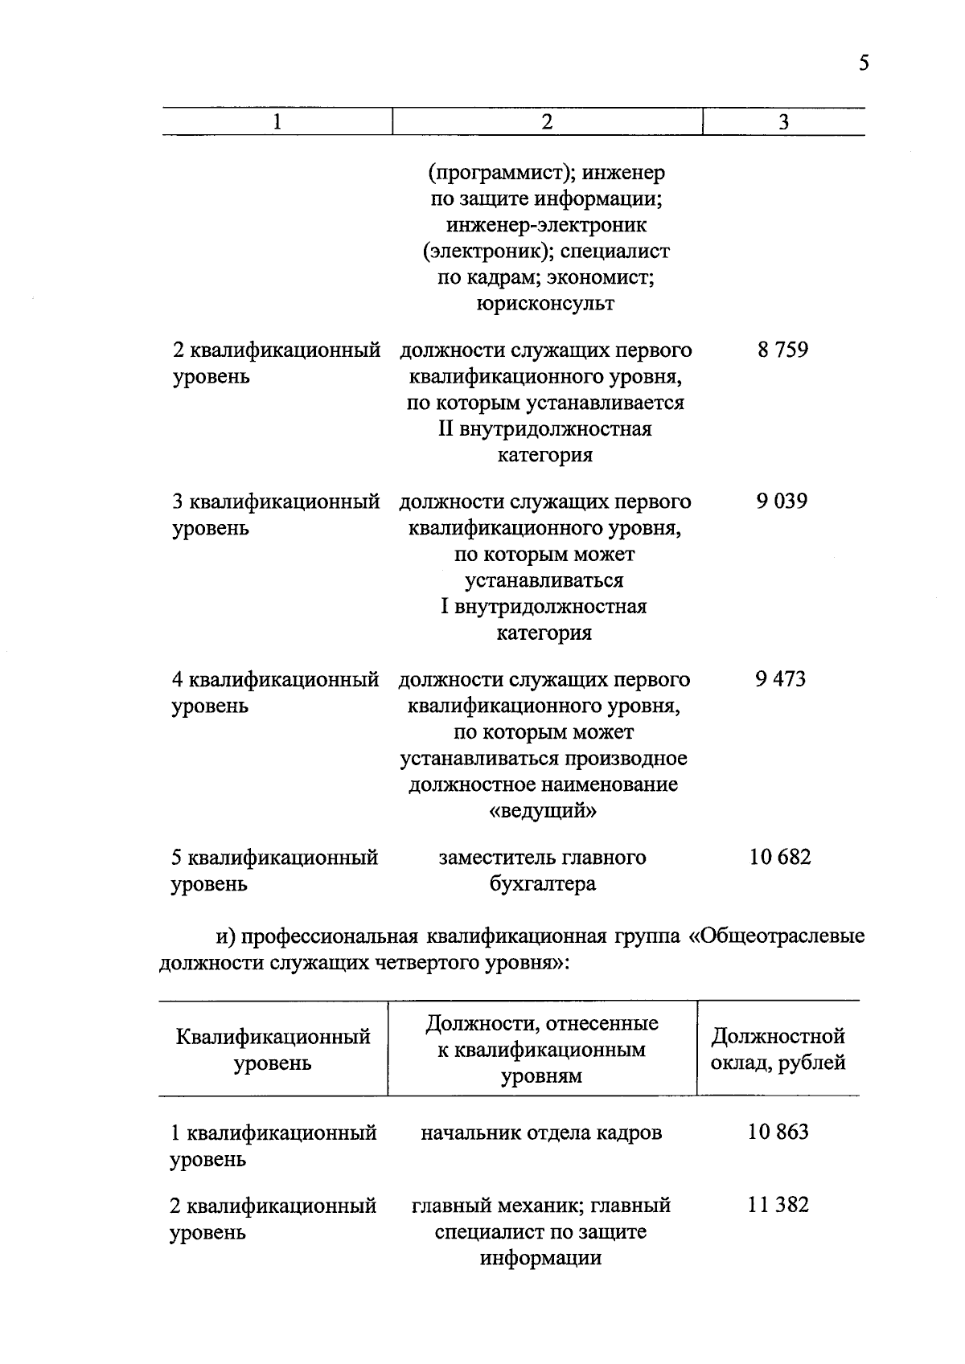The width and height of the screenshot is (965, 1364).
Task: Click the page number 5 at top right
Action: click(864, 63)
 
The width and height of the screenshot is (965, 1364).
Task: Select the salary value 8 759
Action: click(782, 350)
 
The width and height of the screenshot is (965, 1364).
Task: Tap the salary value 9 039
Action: click(781, 502)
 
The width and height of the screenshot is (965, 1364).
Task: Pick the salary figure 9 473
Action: click(780, 679)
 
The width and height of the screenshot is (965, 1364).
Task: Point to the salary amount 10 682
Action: click(779, 857)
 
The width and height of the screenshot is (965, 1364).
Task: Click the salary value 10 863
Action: click(778, 1133)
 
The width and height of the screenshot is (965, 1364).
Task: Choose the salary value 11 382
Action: click(778, 1205)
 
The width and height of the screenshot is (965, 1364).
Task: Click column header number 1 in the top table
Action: click(277, 121)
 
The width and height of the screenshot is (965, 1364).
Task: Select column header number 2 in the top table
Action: click(547, 121)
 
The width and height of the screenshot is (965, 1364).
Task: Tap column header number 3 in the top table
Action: click(783, 122)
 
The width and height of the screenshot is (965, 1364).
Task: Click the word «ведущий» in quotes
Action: click(544, 811)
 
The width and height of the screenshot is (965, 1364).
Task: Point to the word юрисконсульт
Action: click(545, 304)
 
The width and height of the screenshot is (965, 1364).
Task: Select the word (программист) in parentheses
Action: click(500, 172)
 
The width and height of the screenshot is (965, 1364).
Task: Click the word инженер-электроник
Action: click(546, 225)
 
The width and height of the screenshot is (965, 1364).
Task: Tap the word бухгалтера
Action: click(543, 884)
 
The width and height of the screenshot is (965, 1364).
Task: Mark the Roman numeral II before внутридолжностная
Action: click(446, 429)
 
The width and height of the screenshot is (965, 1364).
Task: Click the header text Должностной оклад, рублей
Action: click(778, 1049)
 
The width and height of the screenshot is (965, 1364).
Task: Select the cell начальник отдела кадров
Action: click(541, 1133)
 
